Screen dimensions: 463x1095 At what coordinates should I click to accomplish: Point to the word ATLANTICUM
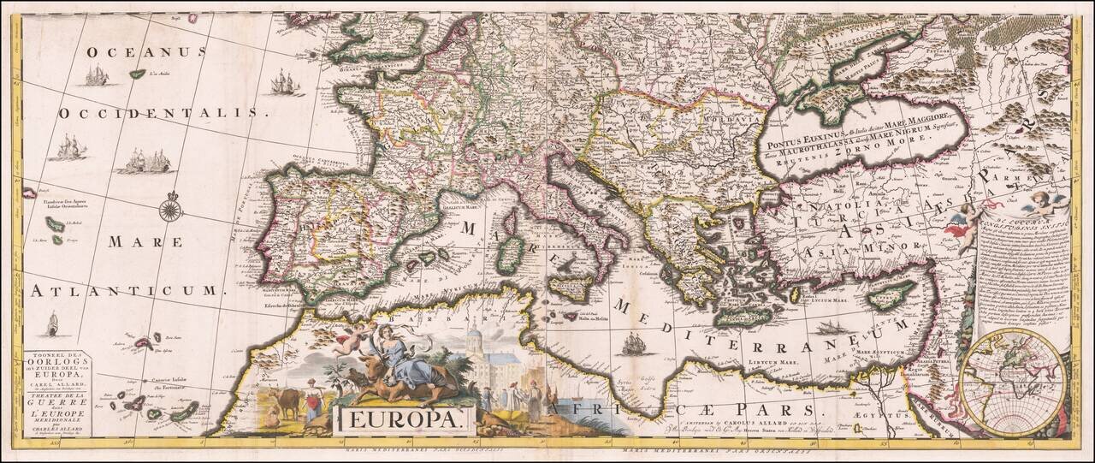tap(123, 291)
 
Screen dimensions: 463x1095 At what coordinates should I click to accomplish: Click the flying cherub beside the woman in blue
tap(350, 338)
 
